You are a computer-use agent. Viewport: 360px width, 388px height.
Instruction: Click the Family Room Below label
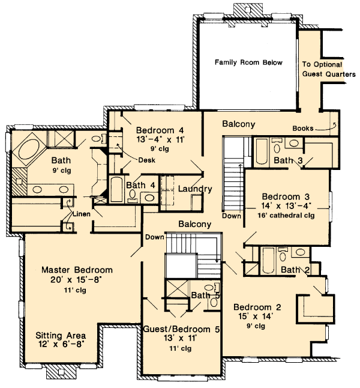[x=248, y=62]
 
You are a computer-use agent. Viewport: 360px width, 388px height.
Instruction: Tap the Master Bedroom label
[x=77, y=270]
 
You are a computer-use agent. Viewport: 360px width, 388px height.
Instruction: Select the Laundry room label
[x=195, y=189]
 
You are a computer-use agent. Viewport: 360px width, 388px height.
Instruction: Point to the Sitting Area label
[x=61, y=336]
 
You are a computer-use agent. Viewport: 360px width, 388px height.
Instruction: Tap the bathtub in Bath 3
[x=262, y=151]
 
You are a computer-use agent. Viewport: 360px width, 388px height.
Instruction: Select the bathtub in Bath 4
[x=116, y=189]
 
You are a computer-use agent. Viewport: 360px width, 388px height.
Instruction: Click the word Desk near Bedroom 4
[x=146, y=160]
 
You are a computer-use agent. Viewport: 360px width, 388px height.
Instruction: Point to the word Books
[x=303, y=129]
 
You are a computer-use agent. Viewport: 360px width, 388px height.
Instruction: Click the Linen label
[x=82, y=214]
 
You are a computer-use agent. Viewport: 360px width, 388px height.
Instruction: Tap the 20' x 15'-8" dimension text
[x=76, y=280]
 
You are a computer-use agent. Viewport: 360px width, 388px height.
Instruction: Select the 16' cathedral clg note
[x=286, y=216]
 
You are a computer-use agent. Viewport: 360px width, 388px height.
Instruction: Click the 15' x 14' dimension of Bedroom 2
[x=256, y=317]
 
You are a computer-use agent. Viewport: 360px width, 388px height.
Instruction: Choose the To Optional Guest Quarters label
[x=329, y=69]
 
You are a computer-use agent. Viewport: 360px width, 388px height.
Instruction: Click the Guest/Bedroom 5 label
[x=181, y=329]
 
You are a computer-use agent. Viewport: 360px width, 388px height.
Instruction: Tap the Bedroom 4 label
[x=160, y=130]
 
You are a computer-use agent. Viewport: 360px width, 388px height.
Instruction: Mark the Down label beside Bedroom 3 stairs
[x=232, y=216]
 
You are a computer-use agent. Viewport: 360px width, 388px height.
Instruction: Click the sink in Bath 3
[x=294, y=143]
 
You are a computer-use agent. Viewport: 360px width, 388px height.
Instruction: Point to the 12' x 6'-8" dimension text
[x=61, y=344]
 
